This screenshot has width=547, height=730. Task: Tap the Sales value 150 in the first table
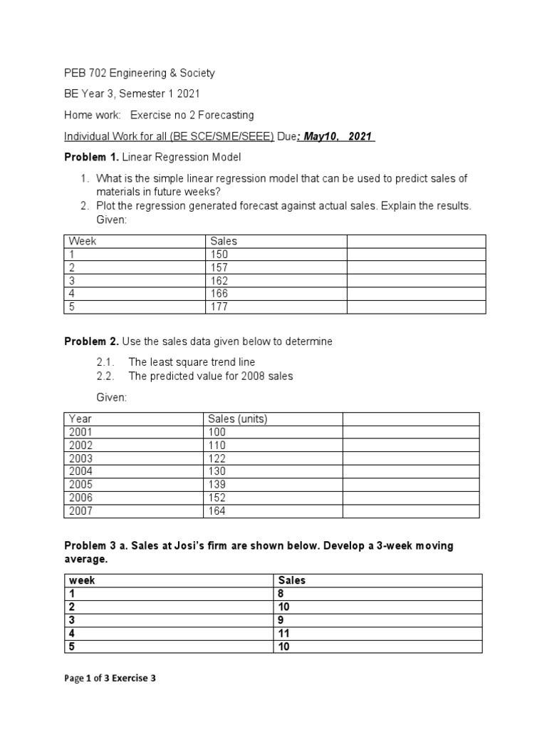click(x=219, y=255)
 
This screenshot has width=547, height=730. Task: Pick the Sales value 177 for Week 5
click(x=219, y=307)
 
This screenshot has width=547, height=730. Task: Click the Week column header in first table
click(x=82, y=241)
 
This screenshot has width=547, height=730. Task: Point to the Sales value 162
click(x=219, y=281)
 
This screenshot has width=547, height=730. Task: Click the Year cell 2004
click(x=81, y=471)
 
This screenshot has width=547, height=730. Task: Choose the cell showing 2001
click(x=81, y=432)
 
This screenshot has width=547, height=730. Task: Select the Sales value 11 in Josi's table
click(x=284, y=633)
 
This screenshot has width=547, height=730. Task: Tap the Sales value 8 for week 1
click(x=281, y=593)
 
